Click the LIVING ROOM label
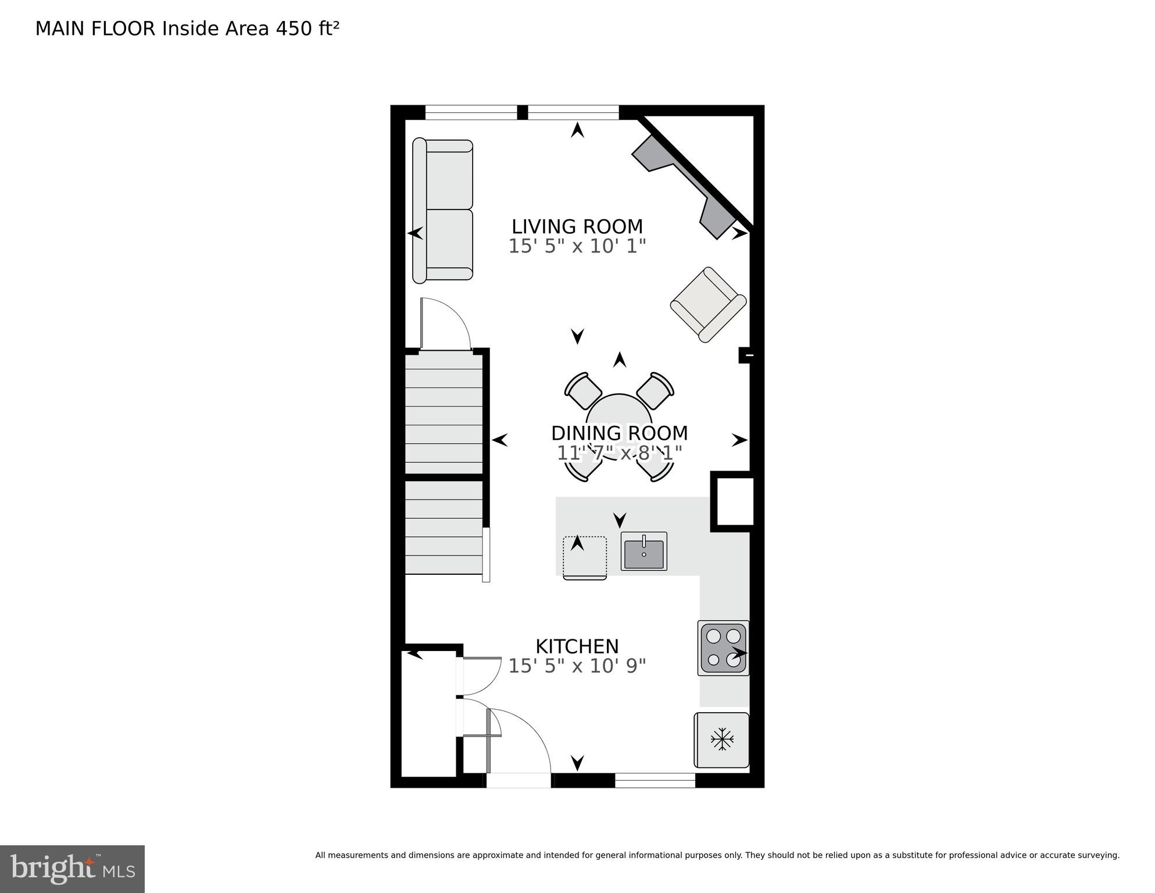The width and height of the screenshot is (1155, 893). (x=577, y=226)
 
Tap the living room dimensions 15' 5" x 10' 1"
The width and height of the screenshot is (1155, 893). (x=577, y=246)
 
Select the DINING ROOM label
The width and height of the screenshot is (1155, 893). (x=619, y=433)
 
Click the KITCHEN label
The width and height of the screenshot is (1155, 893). (x=577, y=646)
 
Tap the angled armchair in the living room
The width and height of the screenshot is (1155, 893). (x=708, y=304)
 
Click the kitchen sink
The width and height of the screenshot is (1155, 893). (x=643, y=552)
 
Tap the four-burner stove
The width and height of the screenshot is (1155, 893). (x=723, y=648)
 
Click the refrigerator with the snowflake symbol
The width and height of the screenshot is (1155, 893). (x=721, y=740)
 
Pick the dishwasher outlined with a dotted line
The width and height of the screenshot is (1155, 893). (x=585, y=557)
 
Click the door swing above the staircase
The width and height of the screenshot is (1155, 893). (x=445, y=325)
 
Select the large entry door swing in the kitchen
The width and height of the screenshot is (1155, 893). (x=519, y=742)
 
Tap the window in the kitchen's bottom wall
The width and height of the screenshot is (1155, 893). (x=655, y=780)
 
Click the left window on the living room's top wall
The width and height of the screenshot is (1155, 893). (x=471, y=112)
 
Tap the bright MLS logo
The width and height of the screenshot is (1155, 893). (x=72, y=869)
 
